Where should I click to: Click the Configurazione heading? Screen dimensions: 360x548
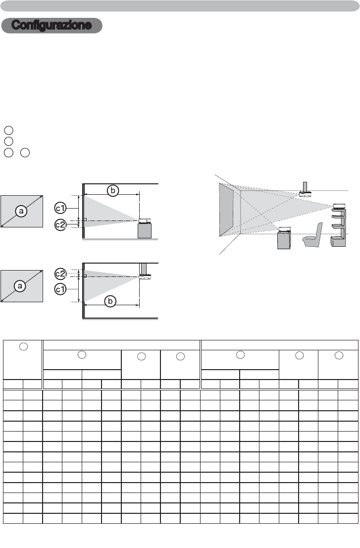tap(51, 25)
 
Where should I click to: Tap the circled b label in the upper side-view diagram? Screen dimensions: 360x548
tap(113, 190)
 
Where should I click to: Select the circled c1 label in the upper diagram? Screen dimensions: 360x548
tap(60, 208)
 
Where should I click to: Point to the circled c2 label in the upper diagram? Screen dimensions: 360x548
tap(60, 224)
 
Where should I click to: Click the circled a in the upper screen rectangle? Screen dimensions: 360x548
tap(22, 211)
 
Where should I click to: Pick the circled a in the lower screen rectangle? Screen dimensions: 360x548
tap(20, 286)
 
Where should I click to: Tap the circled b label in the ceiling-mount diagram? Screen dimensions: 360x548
tap(110, 301)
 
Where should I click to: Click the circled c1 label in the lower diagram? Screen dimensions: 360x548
tap(60, 289)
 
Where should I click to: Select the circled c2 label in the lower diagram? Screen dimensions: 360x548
tap(60, 274)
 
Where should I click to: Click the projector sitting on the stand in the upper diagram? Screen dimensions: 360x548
tap(145, 220)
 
